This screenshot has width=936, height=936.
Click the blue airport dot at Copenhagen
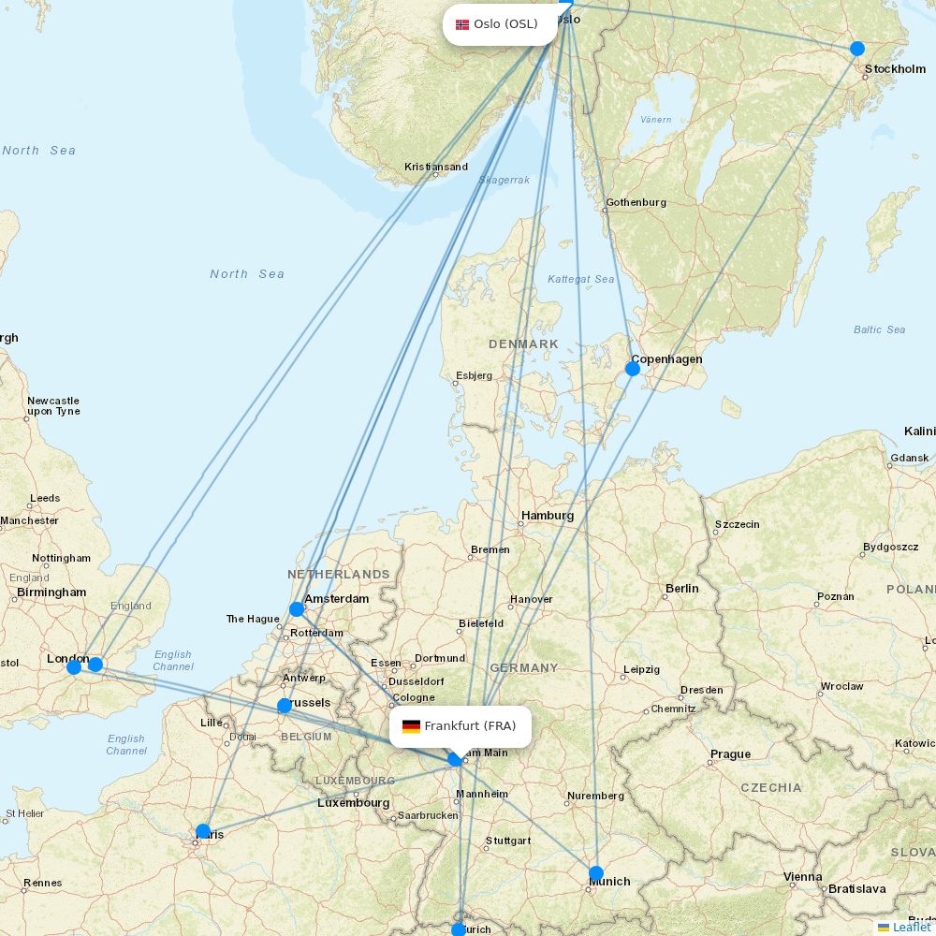(633, 369)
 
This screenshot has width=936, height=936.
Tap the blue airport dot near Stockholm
(856, 49)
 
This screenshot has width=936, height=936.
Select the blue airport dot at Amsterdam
(297, 609)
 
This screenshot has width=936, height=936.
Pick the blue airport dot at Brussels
(285, 706)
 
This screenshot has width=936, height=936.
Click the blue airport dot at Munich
(596, 873)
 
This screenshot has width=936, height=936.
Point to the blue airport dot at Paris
(203, 831)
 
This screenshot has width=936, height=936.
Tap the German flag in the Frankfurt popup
(411, 726)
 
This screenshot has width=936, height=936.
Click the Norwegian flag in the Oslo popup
(462, 24)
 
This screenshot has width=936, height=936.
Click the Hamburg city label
(548, 516)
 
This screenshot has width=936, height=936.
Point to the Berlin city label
(681, 589)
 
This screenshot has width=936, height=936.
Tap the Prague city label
(730, 754)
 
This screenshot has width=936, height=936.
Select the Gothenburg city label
(636, 202)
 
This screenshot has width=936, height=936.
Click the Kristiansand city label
(436, 168)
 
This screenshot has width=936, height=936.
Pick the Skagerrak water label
(504, 180)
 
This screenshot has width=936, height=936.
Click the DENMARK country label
(523, 344)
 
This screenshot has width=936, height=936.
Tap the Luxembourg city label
(353, 803)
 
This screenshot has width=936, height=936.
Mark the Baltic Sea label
(879, 329)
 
